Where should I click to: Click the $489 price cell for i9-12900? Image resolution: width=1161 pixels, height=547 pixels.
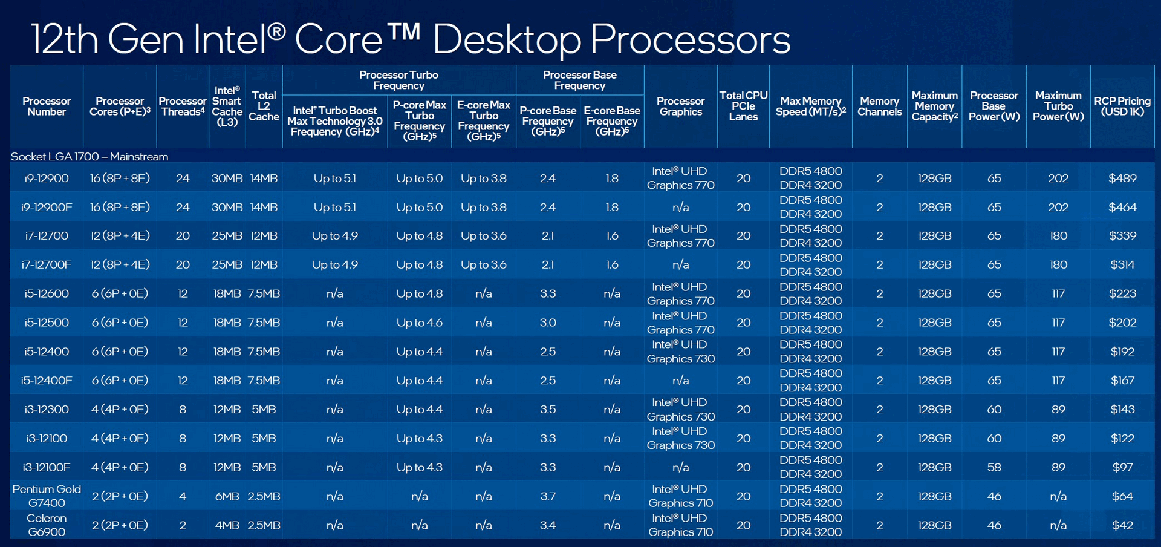(1122, 179)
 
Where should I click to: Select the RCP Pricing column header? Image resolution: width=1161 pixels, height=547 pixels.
(1122, 106)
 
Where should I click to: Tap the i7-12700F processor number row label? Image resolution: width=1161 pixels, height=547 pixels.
(47, 265)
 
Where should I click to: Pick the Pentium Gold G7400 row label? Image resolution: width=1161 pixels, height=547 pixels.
(47, 496)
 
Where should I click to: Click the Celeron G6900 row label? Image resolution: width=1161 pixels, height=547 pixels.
(47, 525)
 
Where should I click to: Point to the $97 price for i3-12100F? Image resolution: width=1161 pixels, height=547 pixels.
(1122, 468)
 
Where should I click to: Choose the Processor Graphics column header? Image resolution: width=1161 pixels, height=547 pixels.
(681, 106)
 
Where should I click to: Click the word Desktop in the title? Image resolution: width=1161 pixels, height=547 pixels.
(507, 40)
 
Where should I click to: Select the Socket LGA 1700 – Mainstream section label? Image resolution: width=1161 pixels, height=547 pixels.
(89, 157)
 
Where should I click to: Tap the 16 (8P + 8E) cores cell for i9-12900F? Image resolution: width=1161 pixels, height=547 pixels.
(120, 208)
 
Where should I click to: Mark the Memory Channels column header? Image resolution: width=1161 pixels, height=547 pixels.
(880, 106)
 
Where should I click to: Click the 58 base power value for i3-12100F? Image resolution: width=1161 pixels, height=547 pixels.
(994, 468)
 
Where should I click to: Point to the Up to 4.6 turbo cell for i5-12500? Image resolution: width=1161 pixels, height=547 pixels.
(420, 323)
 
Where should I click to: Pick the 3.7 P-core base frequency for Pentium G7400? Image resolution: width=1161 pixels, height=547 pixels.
(548, 497)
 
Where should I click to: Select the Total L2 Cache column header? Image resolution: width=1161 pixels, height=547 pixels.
(264, 106)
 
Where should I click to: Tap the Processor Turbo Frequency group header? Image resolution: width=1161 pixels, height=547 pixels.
(398, 80)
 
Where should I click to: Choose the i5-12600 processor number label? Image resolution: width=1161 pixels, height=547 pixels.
(47, 294)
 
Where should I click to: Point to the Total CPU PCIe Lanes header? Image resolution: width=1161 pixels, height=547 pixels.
(743, 106)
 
